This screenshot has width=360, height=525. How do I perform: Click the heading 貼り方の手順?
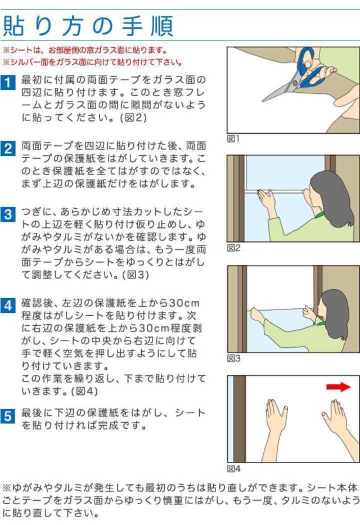click(x=88, y=26)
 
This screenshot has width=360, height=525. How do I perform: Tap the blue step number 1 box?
click(x=8, y=82)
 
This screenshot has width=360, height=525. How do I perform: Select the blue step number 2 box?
click(x=8, y=149)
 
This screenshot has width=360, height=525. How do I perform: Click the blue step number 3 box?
click(x=8, y=214)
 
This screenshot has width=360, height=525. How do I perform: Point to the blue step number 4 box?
click(x=8, y=306)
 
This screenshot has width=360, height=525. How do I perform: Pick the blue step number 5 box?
click(x=8, y=416)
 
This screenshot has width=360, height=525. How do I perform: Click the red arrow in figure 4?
click(x=338, y=387)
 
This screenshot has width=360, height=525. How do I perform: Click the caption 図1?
click(x=233, y=138)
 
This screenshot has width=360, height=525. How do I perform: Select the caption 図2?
click(x=233, y=248)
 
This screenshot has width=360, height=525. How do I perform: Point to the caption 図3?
click(x=233, y=358)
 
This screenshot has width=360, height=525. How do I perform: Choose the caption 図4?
click(x=233, y=469)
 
